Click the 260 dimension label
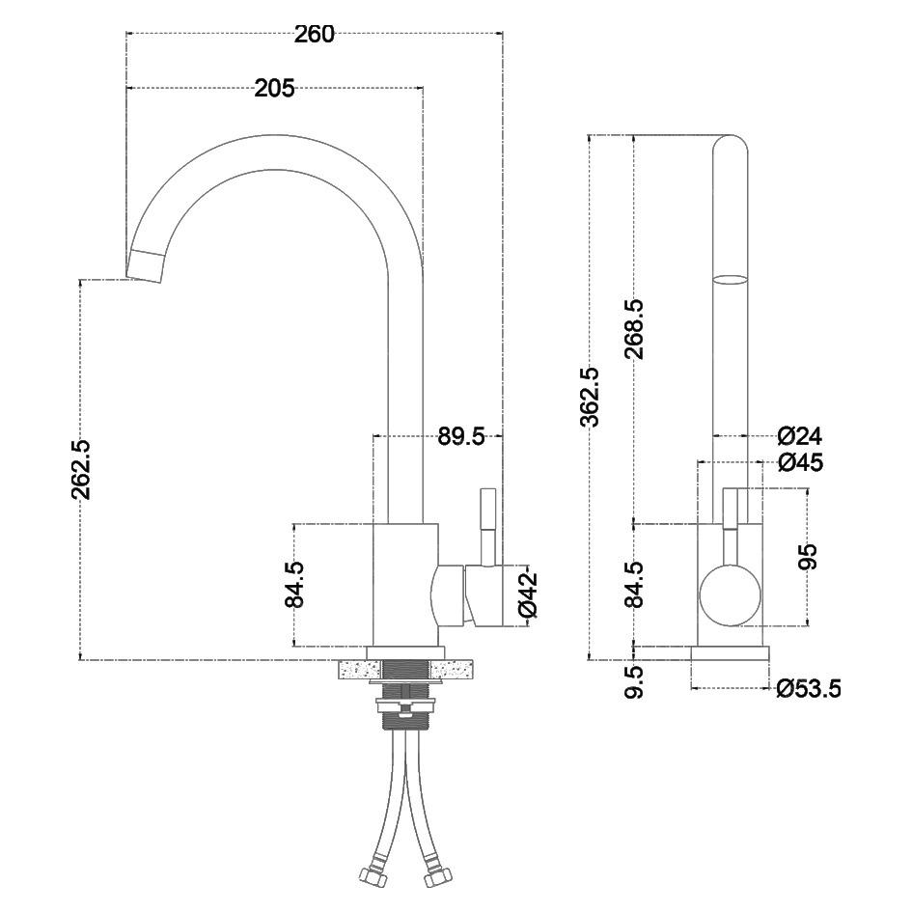[315, 35]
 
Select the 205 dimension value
[274, 89]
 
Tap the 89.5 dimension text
[460, 437]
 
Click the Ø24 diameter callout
[799, 435]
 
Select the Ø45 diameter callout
[799, 462]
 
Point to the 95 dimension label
[808, 557]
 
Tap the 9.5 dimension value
[634, 681]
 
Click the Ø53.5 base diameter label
[809, 688]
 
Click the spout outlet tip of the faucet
[147, 265]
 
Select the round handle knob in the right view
[729, 594]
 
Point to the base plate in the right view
[730, 653]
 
